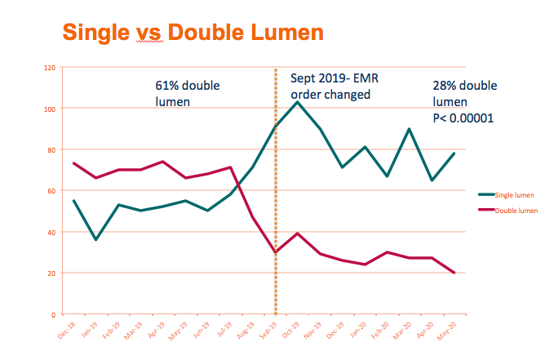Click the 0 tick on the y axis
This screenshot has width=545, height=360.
pos(52,314)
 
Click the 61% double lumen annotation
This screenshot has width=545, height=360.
pos(188,94)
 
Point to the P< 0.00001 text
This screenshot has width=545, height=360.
pos(463,118)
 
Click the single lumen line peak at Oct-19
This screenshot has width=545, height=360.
pos(297,102)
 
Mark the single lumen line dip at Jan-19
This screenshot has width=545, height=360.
pos(96,239)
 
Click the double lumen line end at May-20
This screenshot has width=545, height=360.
pos(454,273)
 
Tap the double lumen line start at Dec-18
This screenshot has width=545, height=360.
pos(74,163)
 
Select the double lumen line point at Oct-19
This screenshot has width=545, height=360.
pos(297,233)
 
